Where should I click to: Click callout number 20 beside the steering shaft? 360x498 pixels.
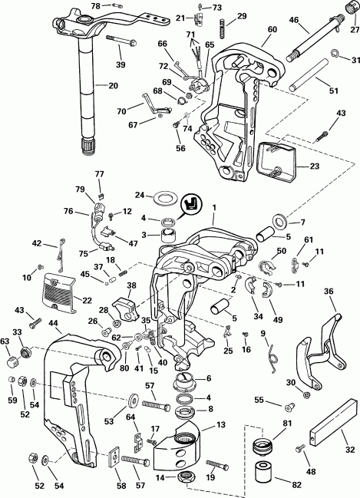[113, 85]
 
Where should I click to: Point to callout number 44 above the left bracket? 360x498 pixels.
[52, 325]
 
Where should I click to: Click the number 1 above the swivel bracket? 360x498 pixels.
[215, 208]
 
